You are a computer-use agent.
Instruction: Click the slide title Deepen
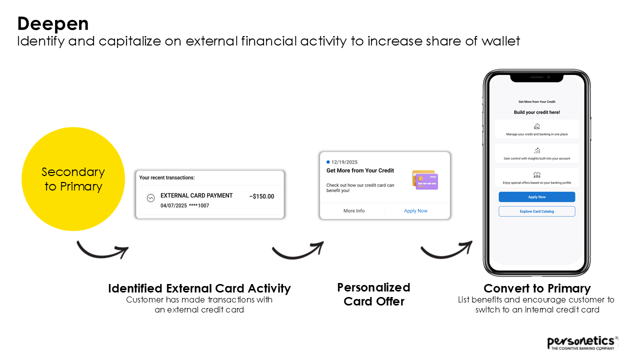point(53,23)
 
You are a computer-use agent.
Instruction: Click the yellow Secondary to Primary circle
point(73,179)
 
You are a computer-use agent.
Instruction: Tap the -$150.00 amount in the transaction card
point(261,196)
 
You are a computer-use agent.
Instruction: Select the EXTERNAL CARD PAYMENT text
point(196,195)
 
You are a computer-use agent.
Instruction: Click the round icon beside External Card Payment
point(150,198)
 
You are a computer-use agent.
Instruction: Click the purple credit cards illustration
point(425,180)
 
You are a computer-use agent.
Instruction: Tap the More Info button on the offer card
point(354,211)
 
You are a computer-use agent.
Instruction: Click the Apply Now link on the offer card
point(415,211)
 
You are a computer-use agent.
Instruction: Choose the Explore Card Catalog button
point(536,211)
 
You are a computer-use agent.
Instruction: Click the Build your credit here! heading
point(536,112)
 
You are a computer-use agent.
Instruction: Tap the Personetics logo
point(582,342)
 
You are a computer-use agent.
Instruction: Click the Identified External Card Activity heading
point(199,288)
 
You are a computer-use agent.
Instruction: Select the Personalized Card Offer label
point(373,294)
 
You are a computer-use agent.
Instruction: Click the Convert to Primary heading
point(537,288)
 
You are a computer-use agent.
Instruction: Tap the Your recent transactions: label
point(167,177)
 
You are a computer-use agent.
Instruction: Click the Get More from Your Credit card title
point(360,170)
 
